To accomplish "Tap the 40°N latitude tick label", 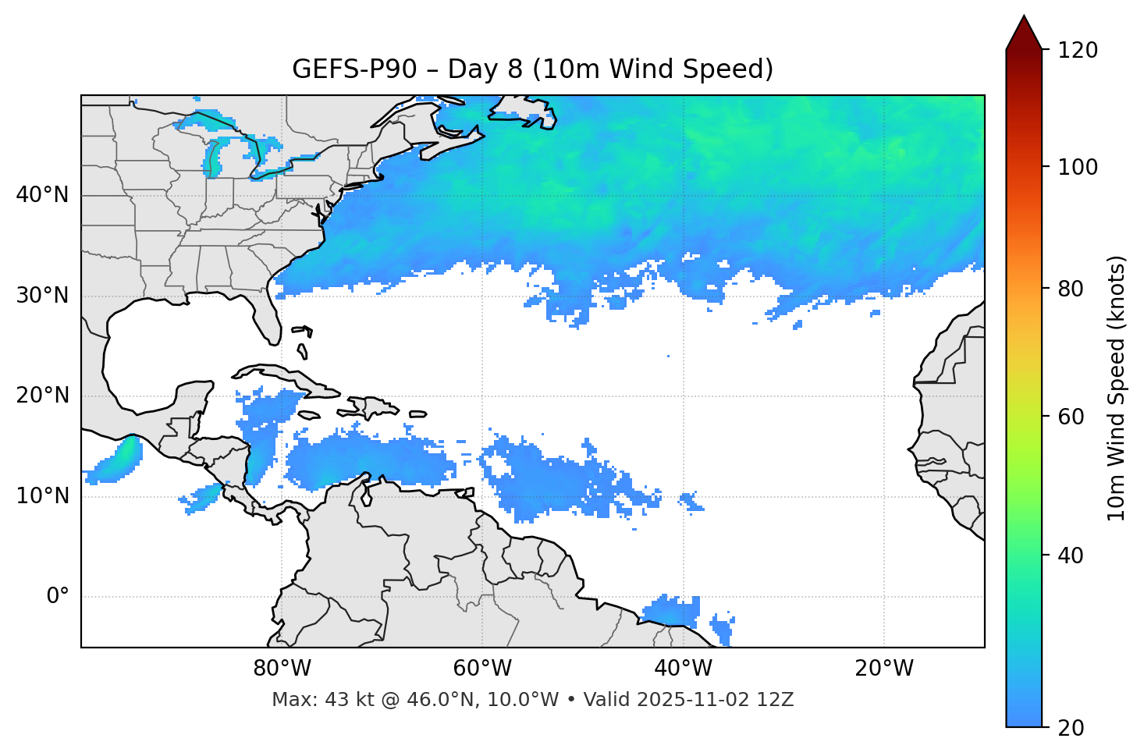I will point(42,195).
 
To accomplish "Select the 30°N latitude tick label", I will point(42,296).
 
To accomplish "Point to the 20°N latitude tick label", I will point(42,396).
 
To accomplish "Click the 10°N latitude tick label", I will point(42,496).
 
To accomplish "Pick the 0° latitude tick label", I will point(58,597).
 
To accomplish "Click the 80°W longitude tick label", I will point(282,669).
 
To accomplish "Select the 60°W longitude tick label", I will point(482,669).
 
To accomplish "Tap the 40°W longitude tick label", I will point(684,669).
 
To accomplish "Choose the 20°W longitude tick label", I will point(884,669).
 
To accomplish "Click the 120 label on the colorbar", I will point(1077,51).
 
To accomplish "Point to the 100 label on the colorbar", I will point(1077,168).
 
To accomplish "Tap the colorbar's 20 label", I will point(1071,728).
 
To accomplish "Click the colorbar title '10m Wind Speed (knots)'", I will point(1117,388).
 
